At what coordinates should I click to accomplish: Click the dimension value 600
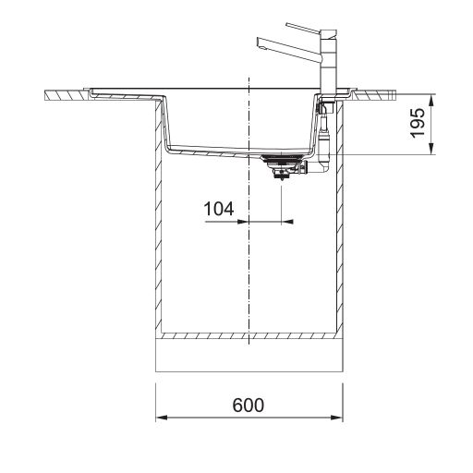click(x=248, y=405)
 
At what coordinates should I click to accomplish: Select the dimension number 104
click(x=219, y=209)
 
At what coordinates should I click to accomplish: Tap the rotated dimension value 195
click(x=418, y=123)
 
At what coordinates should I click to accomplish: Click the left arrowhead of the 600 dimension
click(x=162, y=418)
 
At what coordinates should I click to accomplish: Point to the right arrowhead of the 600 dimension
click(x=337, y=418)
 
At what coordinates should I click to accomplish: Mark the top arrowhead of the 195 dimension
click(x=431, y=100)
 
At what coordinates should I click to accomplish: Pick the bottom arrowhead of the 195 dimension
click(x=431, y=149)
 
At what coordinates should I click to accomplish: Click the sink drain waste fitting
click(x=283, y=167)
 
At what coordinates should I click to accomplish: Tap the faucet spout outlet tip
click(x=261, y=45)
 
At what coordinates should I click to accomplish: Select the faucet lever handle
click(x=304, y=29)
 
